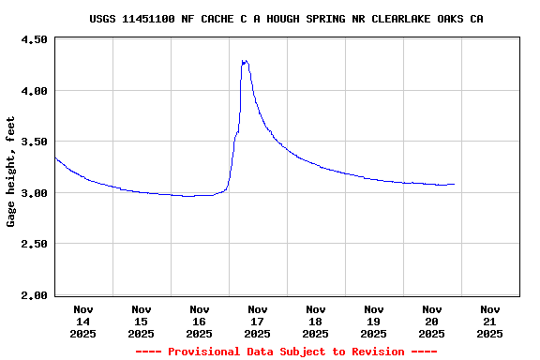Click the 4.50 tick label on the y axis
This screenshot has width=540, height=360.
click(34, 39)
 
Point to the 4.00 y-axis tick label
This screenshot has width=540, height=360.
click(34, 91)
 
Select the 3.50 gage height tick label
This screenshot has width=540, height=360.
click(34, 142)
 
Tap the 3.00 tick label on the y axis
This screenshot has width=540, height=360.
click(34, 193)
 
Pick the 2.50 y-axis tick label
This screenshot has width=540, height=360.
click(34, 244)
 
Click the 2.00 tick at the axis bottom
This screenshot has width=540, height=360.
click(34, 295)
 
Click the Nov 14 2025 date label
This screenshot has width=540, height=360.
click(82, 321)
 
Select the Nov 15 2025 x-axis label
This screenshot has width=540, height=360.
click(141, 321)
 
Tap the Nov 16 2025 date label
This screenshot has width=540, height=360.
click(199, 321)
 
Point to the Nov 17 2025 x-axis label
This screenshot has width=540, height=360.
click(257, 321)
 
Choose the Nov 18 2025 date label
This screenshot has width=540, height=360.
click(315, 321)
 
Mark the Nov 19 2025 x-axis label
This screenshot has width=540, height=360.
click(373, 321)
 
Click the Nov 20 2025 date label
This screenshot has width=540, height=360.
click(431, 321)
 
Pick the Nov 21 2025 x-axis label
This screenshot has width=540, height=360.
click(489, 321)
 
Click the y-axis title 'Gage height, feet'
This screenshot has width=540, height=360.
click(11, 172)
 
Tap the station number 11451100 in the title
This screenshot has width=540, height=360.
click(147, 19)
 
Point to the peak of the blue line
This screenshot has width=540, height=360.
click(244, 61)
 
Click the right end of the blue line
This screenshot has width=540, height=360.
click(455, 184)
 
